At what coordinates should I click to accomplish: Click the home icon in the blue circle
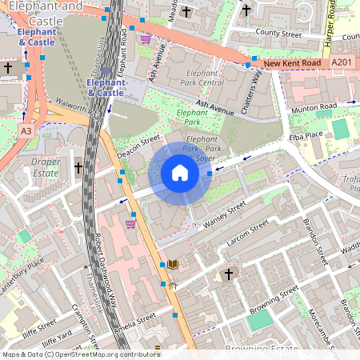180,173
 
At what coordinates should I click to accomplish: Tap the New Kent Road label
291,62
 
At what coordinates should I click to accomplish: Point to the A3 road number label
26,130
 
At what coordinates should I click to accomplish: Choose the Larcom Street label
249,230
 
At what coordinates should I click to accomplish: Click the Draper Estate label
46,167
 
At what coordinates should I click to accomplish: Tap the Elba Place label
305,137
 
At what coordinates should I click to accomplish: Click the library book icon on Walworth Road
172,264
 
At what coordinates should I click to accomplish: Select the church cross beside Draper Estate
78,167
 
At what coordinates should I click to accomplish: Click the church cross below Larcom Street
228,274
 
